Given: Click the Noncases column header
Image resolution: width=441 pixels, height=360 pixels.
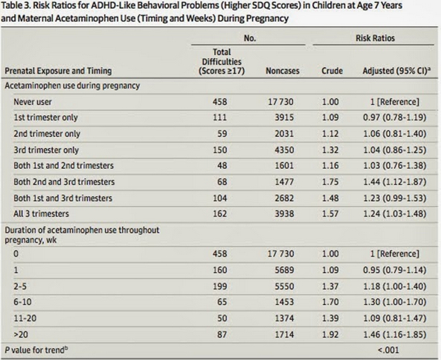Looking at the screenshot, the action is tap(283, 71).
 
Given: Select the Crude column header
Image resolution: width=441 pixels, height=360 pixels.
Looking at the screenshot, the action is tap(332, 71).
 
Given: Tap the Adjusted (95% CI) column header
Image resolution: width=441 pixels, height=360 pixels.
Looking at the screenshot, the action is tap(396, 71).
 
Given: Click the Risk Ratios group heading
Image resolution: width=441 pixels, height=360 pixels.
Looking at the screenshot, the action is tap(376, 38).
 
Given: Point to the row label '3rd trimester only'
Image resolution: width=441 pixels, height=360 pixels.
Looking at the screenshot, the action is tap(46, 150).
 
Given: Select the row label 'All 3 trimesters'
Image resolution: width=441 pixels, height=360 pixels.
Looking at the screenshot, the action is tap(41, 213).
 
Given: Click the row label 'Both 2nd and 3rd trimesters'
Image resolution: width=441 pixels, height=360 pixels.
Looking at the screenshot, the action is tap(64, 182).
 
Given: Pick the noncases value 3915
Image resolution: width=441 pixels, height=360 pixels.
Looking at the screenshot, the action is tap(284, 118).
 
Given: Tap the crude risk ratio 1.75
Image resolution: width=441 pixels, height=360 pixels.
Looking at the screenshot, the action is tap(330, 182).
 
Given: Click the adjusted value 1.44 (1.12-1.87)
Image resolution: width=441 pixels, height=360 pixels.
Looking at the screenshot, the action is tap(395, 182).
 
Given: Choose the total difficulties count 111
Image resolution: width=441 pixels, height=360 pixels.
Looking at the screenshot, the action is tap(219, 118).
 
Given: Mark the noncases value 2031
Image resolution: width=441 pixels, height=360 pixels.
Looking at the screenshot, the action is tap(284, 134).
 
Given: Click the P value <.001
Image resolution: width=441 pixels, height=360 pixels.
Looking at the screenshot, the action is tap(388, 350).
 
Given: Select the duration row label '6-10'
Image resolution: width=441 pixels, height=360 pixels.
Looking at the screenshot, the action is tap(22, 302).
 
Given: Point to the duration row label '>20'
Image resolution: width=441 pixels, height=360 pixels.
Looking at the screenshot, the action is tap(21, 335).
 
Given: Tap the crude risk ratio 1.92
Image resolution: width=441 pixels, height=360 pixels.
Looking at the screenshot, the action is tap(330, 335).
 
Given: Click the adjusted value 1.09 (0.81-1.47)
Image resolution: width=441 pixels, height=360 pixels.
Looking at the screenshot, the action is tap(395, 318).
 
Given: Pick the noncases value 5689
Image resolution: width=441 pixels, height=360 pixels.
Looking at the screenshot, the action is tap(284, 270).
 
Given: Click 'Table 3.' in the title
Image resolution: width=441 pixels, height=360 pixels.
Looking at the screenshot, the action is tap(15, 5).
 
